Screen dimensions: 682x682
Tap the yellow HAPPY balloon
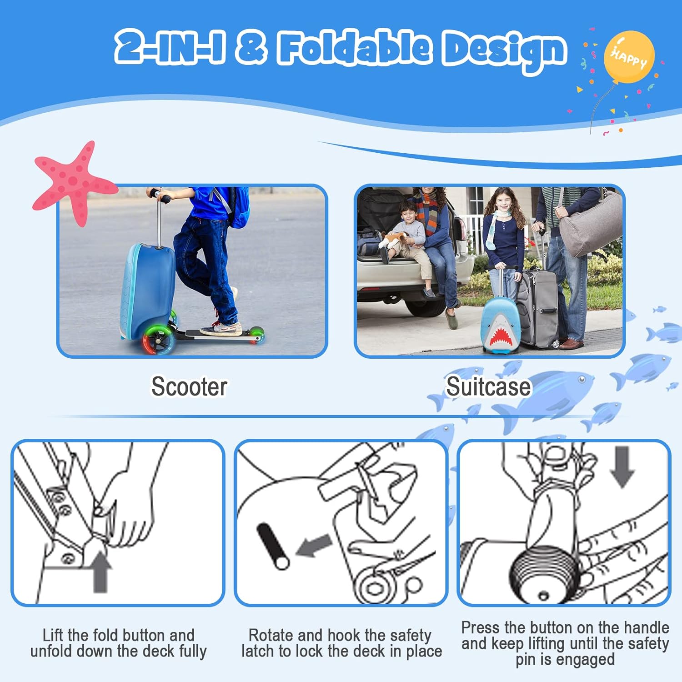pyautogui.click(x=629, y=57)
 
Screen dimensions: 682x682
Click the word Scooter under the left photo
pyautogui.click(x=189, y=386)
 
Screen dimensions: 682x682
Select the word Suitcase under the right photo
pyautogui.click(x=488, y=386)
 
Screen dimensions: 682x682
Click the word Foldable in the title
pyautogui.click(x=355, y=47)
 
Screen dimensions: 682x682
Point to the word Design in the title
pyautogui.click(x=505, y=50)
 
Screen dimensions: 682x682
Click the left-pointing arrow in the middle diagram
pyautogui.click(x=314, y=545)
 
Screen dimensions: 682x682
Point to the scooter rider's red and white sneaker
pyautogui.click(x=221, y=328)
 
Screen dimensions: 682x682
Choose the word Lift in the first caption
pyautogui.click(x=53, y=635)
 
